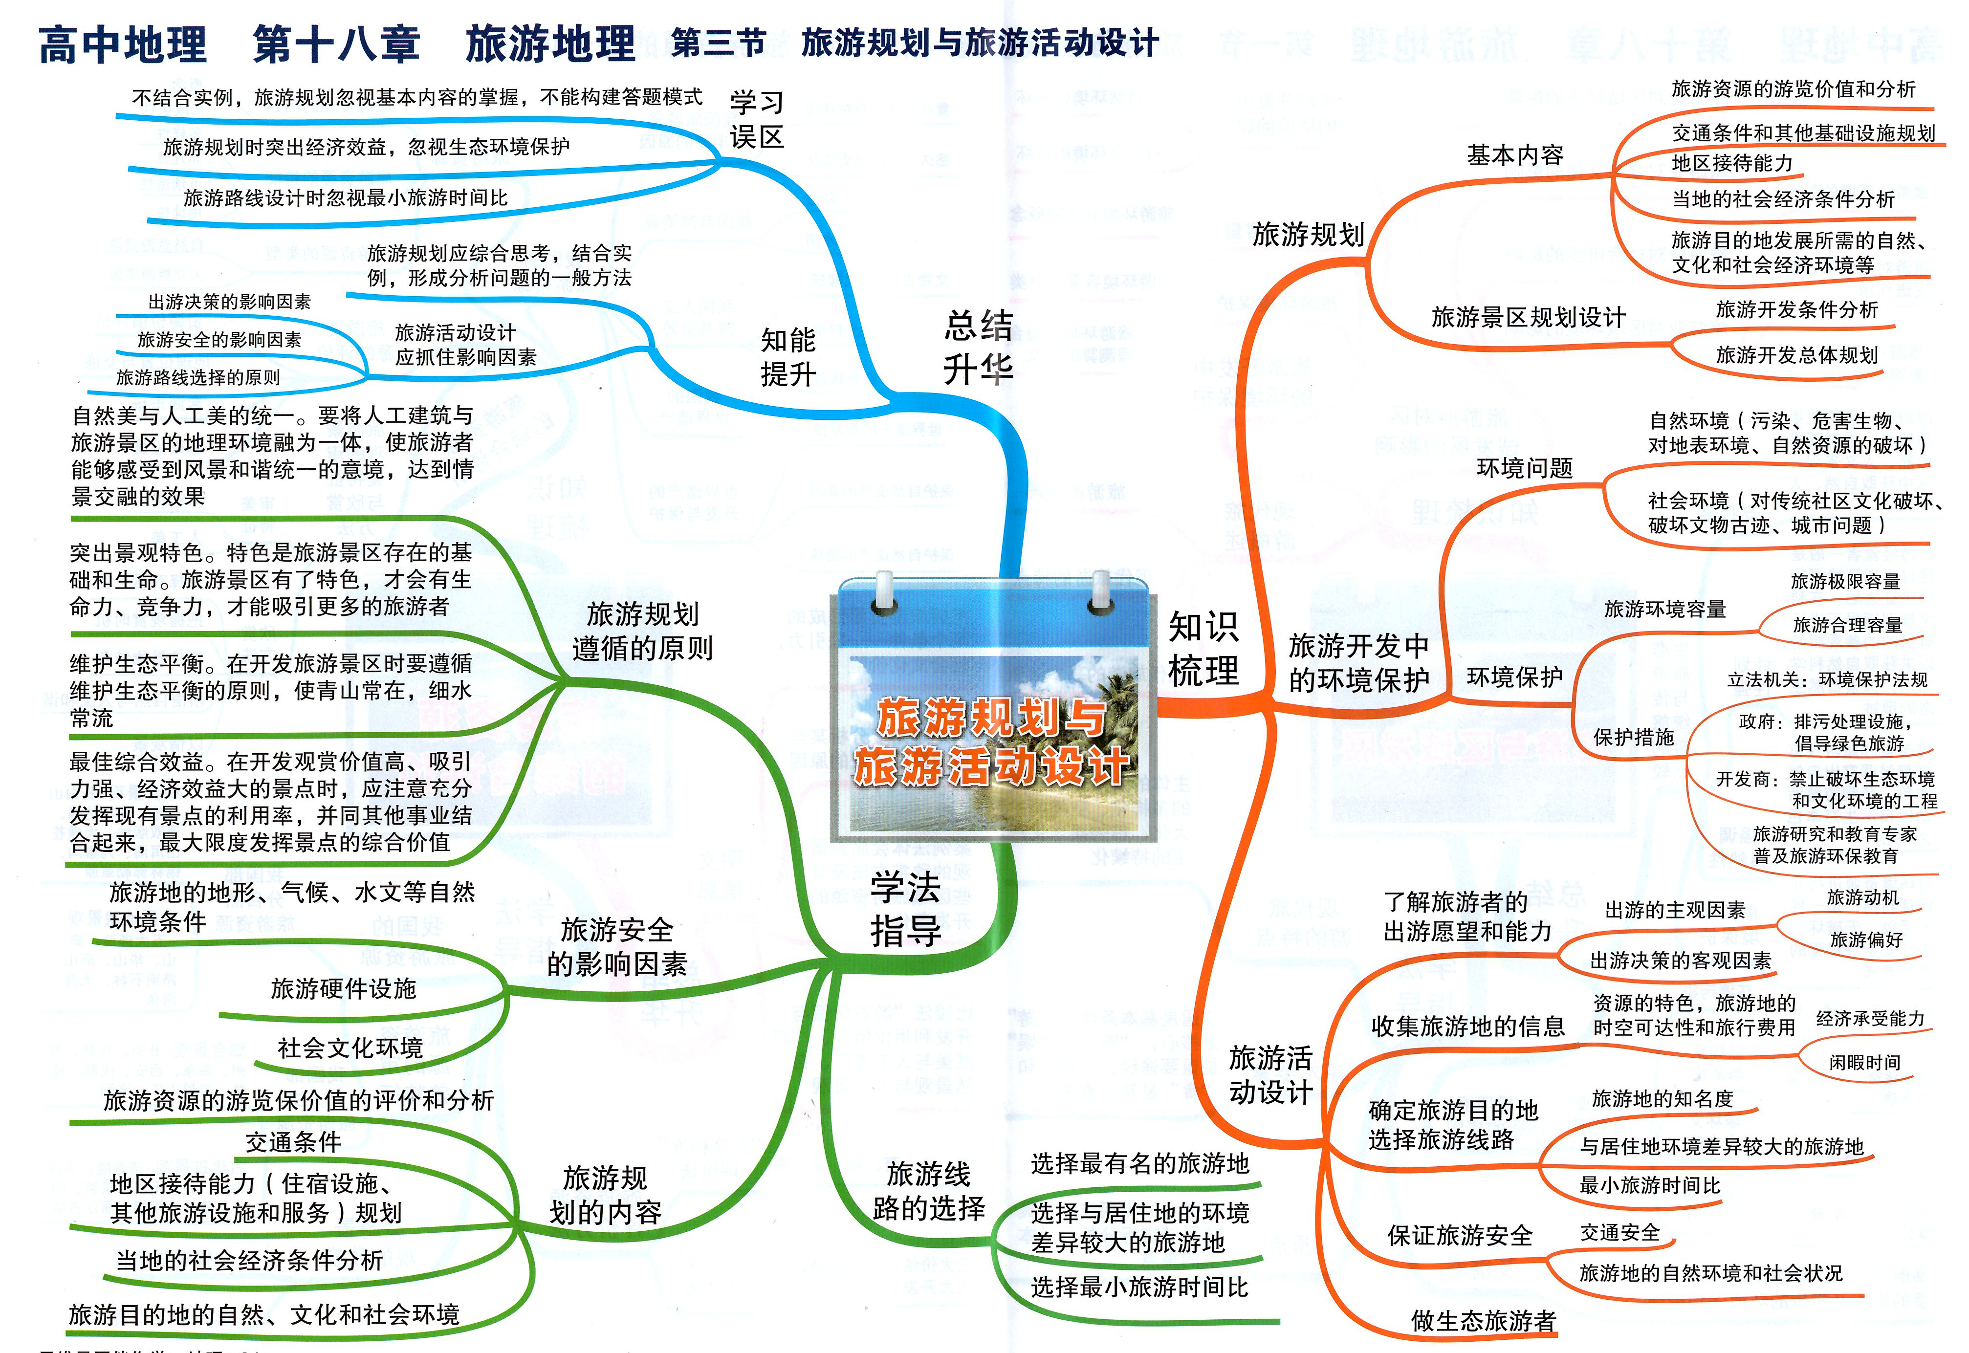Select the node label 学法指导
(905, 909)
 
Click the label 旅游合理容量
(1848, 625)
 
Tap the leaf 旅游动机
(1863, 897)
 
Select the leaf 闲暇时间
(1865, 1062)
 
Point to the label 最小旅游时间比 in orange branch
(1649, 1185)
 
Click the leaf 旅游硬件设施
(343, 988)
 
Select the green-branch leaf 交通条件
(293, 1142)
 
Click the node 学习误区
(756, 120)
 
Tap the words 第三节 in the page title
(719, 43)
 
